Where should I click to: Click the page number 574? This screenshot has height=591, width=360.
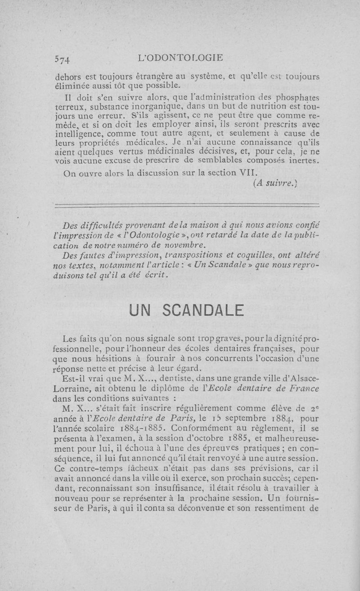coord(62,59)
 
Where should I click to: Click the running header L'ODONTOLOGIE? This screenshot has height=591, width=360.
coord(182,58)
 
